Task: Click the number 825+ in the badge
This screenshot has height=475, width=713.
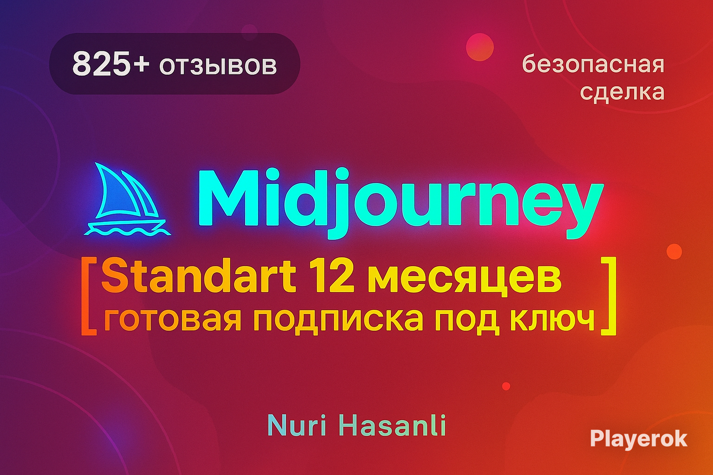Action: (x=111, y=64)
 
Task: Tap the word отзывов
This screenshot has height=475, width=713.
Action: (x=218, y=66)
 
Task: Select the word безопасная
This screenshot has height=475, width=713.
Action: (x=593, y=64)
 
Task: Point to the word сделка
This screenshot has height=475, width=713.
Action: (x=622, y=92)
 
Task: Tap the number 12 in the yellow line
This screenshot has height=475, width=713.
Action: (x=335, y=275)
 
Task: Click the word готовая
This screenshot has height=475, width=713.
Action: (x=172, y=320)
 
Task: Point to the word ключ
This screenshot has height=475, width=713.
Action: (x=552, y=320)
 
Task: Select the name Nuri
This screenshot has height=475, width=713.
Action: (x=297, y=426)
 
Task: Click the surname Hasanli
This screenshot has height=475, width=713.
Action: (x=395, y=426)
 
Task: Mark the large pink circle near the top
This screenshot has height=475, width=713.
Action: (x=480, y=47)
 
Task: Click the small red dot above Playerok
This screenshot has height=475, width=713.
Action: (x=506, y=386)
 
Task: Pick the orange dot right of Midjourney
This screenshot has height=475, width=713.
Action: (x=674, y=252)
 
